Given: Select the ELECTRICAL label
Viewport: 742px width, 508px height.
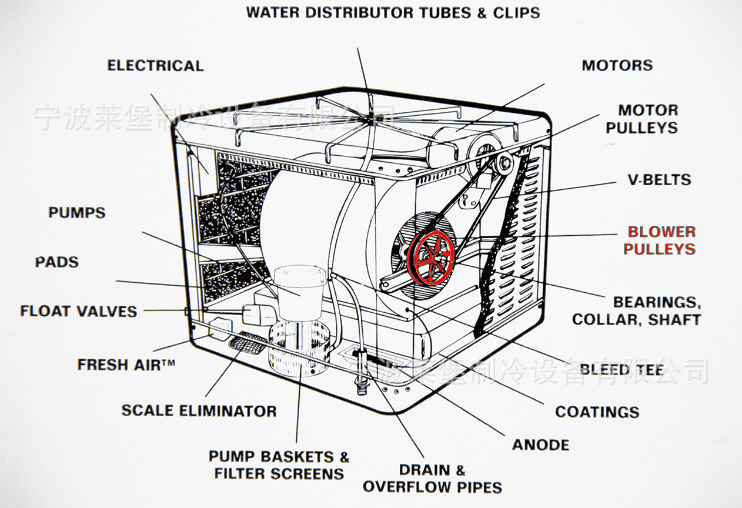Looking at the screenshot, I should [x=155, y=65].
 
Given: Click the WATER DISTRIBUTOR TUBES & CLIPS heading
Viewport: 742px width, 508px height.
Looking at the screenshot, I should [x=393, y=12].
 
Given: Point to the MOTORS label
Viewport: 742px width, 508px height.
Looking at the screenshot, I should [x=617, y=65].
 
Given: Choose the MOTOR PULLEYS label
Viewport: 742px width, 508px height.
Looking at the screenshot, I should [x=641, y=119].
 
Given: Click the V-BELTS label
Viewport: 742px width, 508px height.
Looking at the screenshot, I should [x=659, y=180].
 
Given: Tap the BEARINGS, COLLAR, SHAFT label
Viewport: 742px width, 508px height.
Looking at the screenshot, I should [x=637, y=310].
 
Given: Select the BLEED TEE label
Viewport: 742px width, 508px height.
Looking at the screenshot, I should [x=622, y=370].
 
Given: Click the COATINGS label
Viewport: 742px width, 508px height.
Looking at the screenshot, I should [x=597, y=412].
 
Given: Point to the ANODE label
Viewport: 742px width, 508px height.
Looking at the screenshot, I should [x=540, y=444].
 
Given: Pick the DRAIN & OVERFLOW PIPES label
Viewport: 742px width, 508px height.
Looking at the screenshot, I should [x=432, y=478].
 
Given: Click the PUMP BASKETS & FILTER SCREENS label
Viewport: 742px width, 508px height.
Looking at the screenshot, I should [x=279, y=464].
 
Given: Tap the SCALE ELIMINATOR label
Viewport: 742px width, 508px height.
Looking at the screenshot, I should [x=199, y=410].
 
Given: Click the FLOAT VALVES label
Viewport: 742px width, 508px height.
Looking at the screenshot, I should [x=78, y=311].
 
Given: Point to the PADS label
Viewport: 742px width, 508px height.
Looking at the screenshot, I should [x=56, y=262].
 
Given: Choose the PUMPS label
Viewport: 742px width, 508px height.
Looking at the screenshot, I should [x=77, y=212].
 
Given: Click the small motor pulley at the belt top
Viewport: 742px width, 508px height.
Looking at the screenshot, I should [x=503, y=163].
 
